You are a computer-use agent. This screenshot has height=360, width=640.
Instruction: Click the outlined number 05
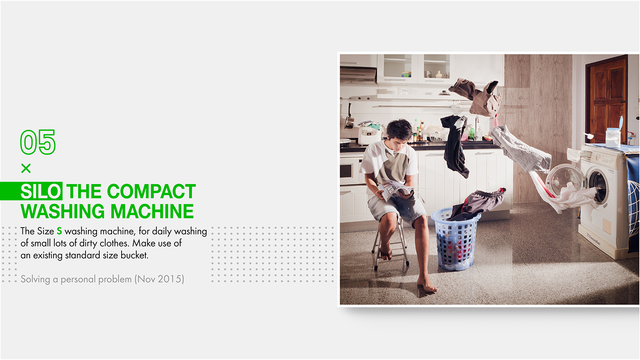pyautogui.click(x=38, y=142)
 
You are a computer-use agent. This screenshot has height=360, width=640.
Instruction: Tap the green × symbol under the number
pyautogui.click(x=26, y=169)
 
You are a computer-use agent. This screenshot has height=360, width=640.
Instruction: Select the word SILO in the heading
pyautogui.click(x=41, y=191)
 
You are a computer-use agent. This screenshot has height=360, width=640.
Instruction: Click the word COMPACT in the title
pyautogui.click(x=151, y=191)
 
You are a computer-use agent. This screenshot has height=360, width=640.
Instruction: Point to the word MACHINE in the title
pyautogui.click(x=152, y=211)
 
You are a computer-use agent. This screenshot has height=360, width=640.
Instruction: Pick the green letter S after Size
pyautogui.click(x=59, y=231)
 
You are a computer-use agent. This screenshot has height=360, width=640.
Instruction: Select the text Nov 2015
pyautogui.click(x=160, y=279)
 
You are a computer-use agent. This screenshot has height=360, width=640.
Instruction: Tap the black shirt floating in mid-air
pyautogui.click(x=455, y=146)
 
